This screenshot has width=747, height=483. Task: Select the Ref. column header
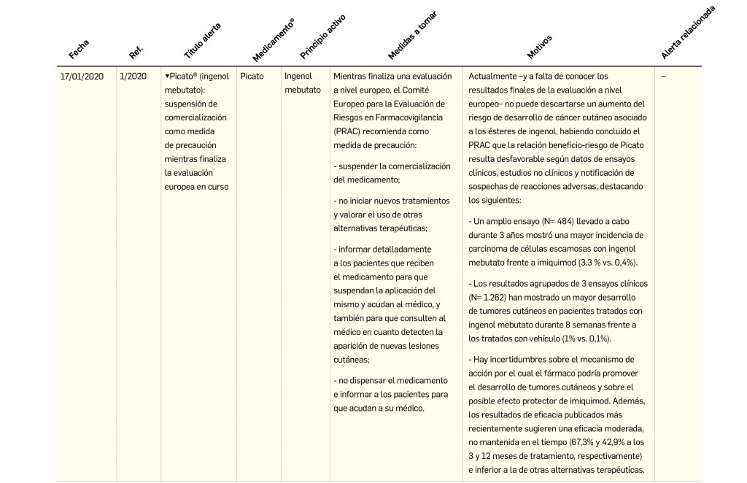(x=136, y=52)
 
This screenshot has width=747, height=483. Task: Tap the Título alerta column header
(x=202, y=41)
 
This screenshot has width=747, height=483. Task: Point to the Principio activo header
(x=322, y=36)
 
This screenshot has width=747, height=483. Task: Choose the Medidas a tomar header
(x=413, y=35)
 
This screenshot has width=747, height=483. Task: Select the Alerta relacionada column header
(x=687, y=33)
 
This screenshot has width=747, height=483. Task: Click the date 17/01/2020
(x=82, y=76)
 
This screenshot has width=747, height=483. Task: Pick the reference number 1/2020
(x=133, y=76)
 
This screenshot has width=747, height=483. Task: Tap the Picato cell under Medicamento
(x=252, y=76)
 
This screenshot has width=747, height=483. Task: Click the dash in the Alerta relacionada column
(x=663, y=76)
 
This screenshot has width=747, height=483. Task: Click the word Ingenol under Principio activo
(x=298, y=76)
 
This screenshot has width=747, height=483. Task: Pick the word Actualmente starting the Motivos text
(x=492, y=76)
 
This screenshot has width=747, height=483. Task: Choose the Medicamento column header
(x=274, y=41)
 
